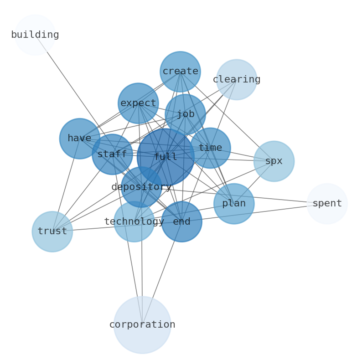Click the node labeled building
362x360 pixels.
(35, 35)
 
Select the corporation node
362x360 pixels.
(142, 325)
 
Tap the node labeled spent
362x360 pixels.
(327, 204)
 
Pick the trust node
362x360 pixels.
(52, 231)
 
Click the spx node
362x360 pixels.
(274, 161)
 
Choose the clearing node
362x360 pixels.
(236, 80)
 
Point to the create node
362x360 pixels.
(180, 72)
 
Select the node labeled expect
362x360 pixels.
(138, 103)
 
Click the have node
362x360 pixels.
(80, 139)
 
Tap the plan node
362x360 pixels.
(234, 204)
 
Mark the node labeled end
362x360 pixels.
(181, 222)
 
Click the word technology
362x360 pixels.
(134, 222)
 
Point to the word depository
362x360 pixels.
(141, 187)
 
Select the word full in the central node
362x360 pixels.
(165, 157)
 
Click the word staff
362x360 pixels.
(112, 154)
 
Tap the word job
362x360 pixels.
(185, 114)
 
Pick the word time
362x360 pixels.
(210, 148)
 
